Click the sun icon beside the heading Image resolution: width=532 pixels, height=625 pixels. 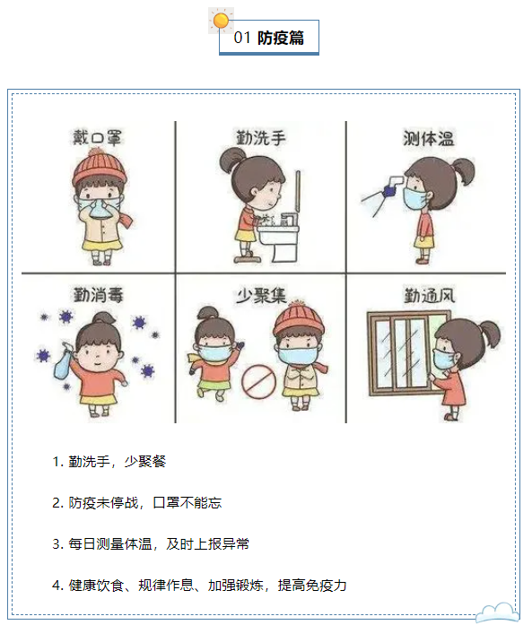click(221, 20)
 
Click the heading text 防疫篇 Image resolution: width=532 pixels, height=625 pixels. click(281, 38)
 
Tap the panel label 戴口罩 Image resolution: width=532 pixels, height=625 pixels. click(97, 138)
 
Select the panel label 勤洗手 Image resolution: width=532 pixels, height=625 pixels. click(261, 137)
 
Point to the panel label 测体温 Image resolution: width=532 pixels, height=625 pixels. click(428, 138)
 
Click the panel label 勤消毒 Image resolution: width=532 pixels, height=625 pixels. click(98, 295)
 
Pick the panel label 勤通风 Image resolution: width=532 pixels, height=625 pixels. click(430, 295)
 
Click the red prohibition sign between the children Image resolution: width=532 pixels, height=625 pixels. click(258, 382)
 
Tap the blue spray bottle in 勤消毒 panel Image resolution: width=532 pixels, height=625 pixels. click(65, 362)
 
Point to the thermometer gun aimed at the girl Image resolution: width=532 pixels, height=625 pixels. click(393, 187)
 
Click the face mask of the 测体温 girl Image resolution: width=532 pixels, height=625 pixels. click(414, 197)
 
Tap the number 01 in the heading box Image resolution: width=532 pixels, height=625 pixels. click(242, 38)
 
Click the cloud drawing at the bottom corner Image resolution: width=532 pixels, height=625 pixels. click(497, 612)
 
